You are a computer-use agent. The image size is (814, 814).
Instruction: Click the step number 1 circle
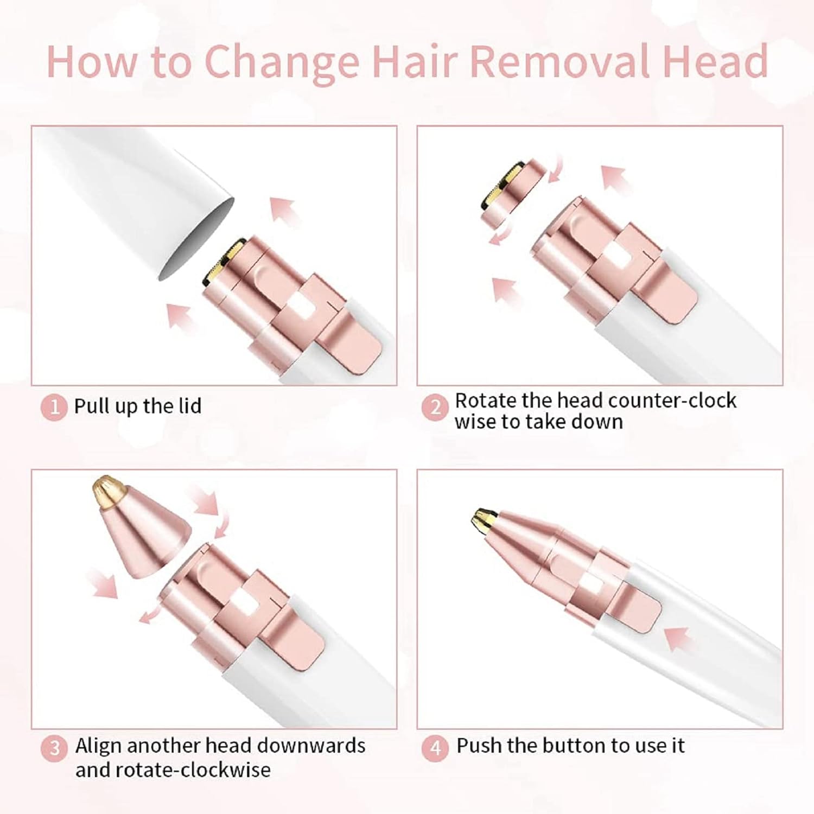coord(54,406)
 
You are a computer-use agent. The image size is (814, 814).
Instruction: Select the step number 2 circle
coord(435,407)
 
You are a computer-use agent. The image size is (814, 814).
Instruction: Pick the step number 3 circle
coord(54,749)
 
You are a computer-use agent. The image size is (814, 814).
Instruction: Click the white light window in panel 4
coord(588,585)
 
